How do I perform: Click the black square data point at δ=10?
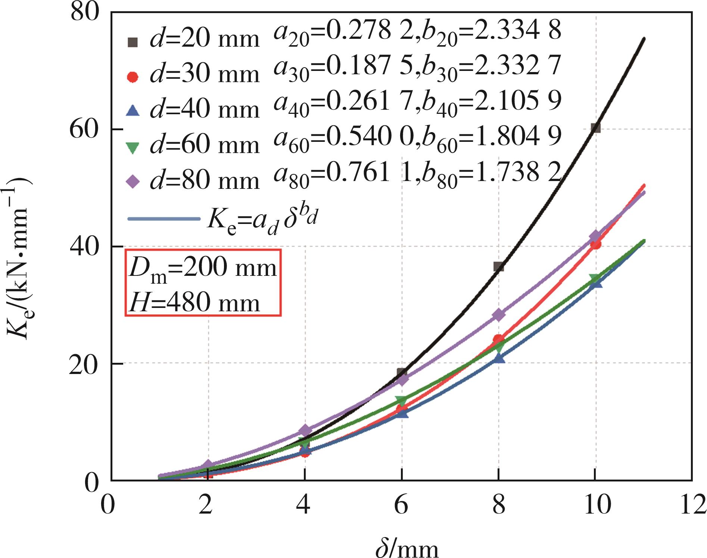[596, 128]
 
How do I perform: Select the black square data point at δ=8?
[499, 266]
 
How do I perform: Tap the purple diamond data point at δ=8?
[499, 315]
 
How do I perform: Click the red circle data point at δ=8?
[498, 340]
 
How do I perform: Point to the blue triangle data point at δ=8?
[499, 359]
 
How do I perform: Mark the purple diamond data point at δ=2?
[208, 465]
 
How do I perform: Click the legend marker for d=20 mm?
[133, 42]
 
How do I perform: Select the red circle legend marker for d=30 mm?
[133, 77]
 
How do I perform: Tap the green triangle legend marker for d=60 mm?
[133, 148]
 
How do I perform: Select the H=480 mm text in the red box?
[194, 302]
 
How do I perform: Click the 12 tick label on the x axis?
[692, 505]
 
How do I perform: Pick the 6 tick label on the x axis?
[402, 505]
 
